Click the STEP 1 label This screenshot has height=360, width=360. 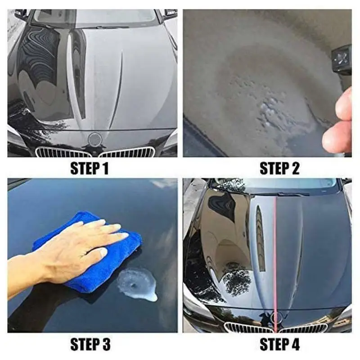[90, 169]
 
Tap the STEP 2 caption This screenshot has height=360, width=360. [279, 169]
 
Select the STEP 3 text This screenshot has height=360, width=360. [90, 345]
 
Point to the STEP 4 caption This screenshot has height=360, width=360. [279, 345]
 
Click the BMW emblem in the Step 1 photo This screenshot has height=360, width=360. [95, 139]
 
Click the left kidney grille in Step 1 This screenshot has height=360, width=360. [63, 153]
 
